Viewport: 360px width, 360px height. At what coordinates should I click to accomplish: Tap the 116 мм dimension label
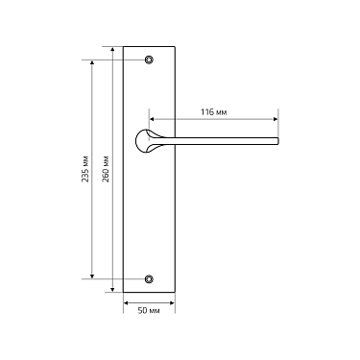[x=214, y=112]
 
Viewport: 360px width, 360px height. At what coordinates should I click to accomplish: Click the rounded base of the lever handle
[x=148, y=141]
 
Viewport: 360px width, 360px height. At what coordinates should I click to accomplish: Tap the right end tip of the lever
[x=277, y=141]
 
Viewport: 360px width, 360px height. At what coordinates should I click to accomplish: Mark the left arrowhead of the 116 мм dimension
[x=153, y=121]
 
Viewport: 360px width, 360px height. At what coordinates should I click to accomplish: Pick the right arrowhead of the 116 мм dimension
[x=277, y=121]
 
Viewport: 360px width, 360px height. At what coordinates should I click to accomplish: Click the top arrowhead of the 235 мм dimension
[x=93, y=62]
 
